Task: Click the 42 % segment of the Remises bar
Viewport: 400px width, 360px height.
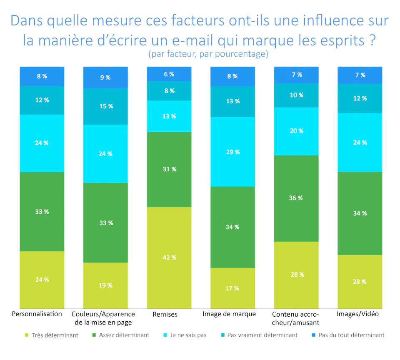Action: click(x=169, y=257)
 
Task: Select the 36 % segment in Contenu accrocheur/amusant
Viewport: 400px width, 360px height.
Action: click(x=296, y=198)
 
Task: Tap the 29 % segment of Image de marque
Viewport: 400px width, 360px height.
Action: click(x=232, y=152)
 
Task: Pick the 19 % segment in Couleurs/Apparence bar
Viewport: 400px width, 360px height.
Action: click(x=105, y=285)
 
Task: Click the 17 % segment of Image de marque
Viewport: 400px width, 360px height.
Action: click(x=232, y=288)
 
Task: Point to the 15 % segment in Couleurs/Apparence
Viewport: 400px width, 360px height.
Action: click(x=105, y=106)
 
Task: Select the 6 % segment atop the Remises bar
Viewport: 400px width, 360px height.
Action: click(x=169, y=74)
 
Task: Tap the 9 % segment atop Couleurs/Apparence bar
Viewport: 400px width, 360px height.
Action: click(x=105, y=77)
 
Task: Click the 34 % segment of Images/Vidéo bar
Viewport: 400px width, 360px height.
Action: click(x=360, y=213)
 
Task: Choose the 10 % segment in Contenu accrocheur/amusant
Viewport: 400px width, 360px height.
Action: click(x=296, y=95)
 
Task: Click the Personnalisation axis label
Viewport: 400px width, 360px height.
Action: click(x=37, y=314)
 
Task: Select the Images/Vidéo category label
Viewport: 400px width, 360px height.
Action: click(x=357, y=314)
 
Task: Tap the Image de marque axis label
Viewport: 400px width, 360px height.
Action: click(x=229, y=314)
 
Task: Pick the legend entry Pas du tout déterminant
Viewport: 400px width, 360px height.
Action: click(x=351, y=335)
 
